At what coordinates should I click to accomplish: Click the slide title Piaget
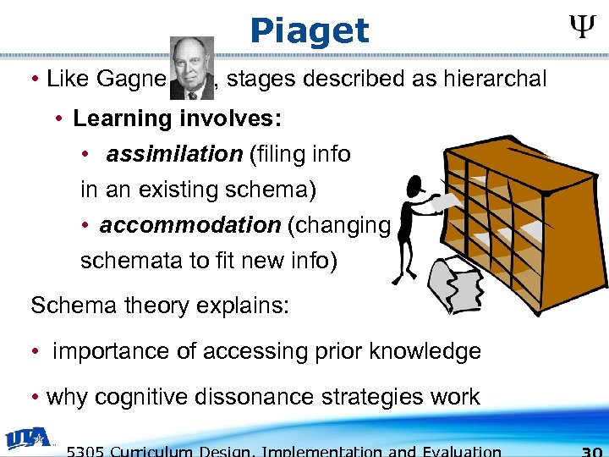[310, 31]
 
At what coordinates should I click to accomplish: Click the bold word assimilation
[174, 154]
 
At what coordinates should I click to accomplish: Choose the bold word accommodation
[190, 226]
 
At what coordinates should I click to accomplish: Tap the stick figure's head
[415, 184]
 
